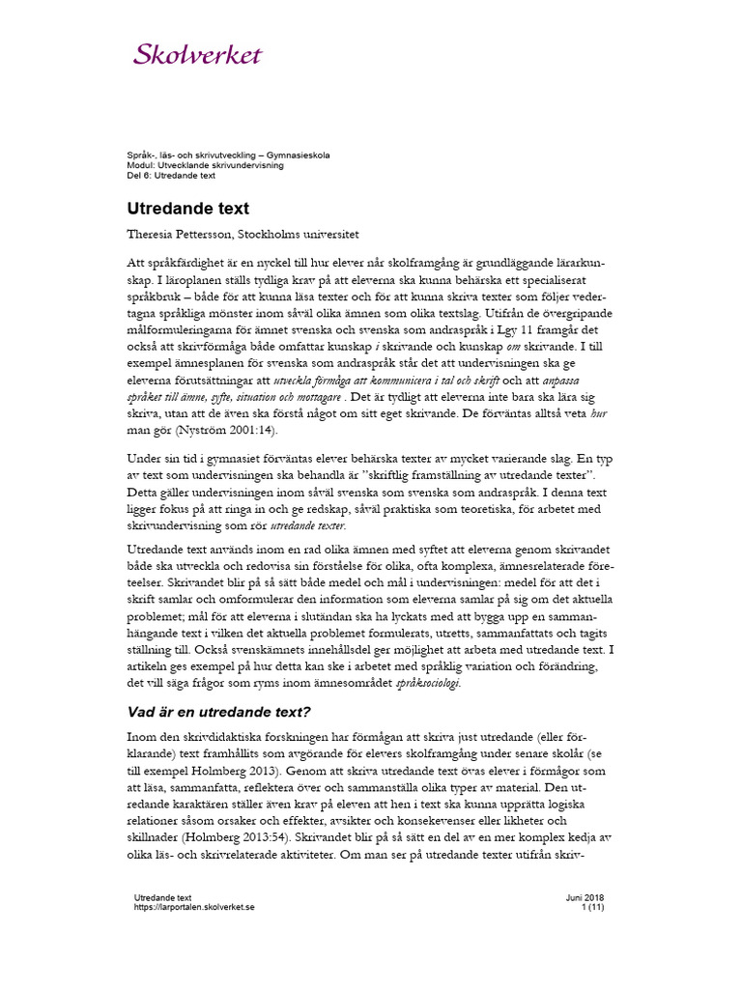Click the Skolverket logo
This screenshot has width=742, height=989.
[x=197, y=54]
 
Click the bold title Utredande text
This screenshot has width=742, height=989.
[x=188, y=208]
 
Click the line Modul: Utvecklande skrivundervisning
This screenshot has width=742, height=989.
[x=206, y=165]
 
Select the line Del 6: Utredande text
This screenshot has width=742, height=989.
[x=171, y=175]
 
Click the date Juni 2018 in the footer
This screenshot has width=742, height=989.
[x=585, y=897]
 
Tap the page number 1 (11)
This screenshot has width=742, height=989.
[x=592, y=908]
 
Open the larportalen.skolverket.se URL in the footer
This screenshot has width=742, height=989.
[x=194, y=908]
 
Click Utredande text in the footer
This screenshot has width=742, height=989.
[x=163, y=897]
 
